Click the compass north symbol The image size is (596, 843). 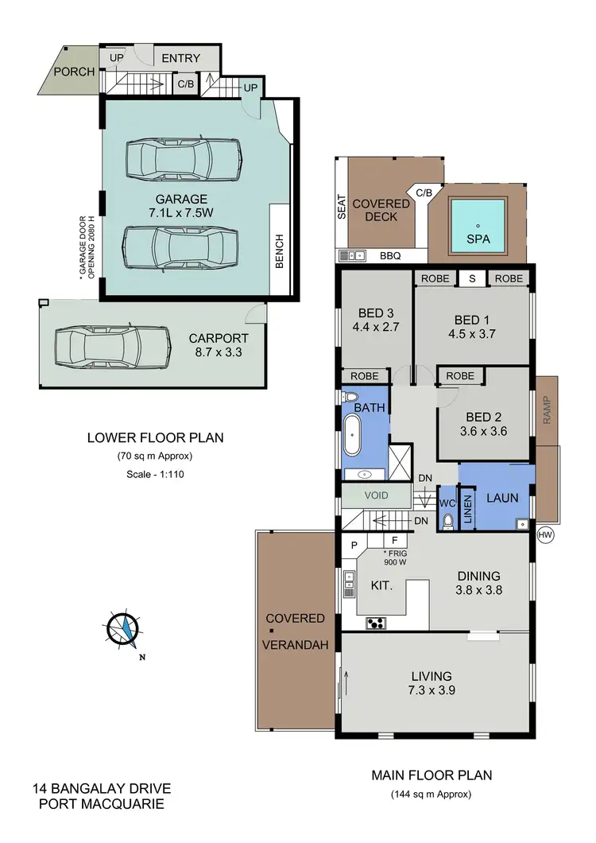[124, 628]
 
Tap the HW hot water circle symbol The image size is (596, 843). [545, 534]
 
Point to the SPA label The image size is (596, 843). [478, 239]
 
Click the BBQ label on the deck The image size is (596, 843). [390, 256]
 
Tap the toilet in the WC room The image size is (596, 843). [447, 519]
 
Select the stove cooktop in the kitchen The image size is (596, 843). [376, 623]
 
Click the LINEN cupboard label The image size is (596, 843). [468, 507]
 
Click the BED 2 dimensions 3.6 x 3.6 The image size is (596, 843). [484, 432]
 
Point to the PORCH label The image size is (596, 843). [74, 72]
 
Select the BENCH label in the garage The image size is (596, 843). [279, 251]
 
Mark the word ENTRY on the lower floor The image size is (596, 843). [181, 59]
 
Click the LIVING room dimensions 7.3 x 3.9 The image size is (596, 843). [432, 690]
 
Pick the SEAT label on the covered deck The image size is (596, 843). [342, 209]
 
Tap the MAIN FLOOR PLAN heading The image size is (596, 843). [432, 775]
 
